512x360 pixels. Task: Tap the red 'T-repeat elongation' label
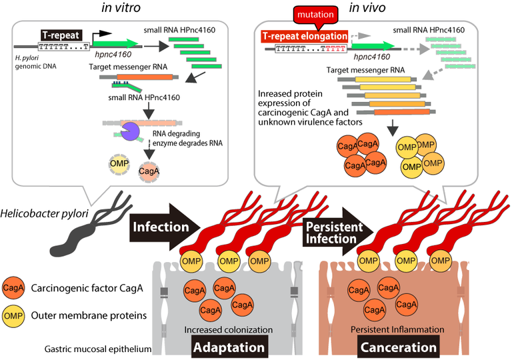click(305, 36)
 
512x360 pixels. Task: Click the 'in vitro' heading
click(115, 7)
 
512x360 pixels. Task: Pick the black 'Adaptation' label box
click(229, 347)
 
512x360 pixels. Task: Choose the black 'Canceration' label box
click(399, 347)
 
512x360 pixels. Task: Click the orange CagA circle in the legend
click(14, 288)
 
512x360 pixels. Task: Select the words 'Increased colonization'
click(225, 329)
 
